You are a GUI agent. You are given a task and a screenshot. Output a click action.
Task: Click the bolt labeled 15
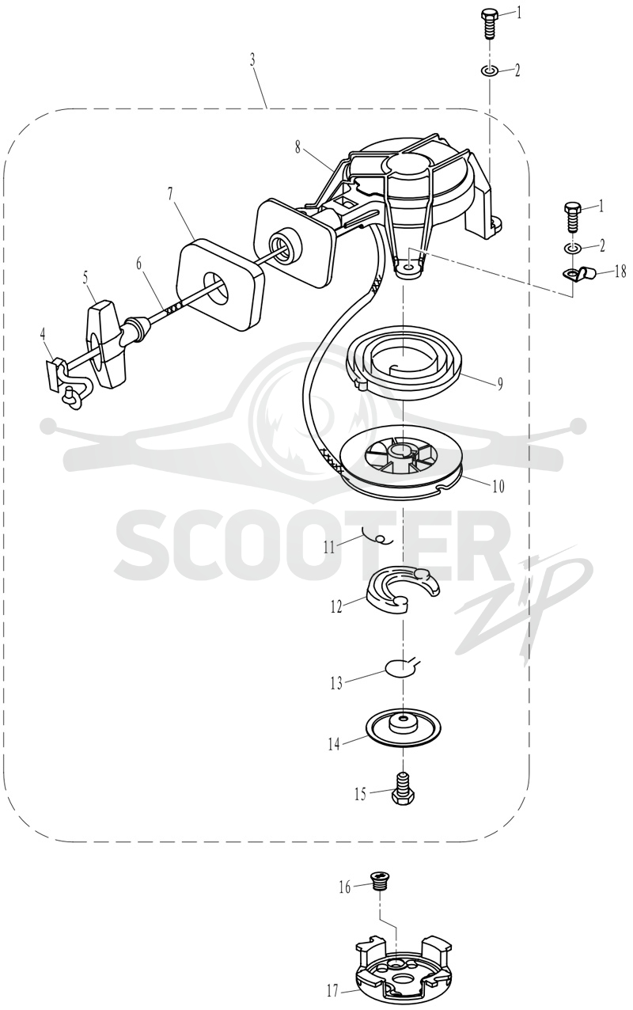[404, 788]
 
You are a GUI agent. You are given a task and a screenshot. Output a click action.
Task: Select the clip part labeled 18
[580, 274]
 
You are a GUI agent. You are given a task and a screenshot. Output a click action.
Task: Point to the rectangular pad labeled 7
[220, 286]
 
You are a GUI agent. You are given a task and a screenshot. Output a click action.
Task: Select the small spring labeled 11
[377, 538]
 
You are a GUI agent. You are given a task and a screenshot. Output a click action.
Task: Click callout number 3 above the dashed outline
[253, 60]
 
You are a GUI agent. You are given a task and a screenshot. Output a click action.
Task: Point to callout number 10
[498, 487]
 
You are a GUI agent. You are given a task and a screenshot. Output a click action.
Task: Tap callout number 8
[298, 148]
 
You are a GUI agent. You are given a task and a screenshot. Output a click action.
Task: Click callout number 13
[336, 684]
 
